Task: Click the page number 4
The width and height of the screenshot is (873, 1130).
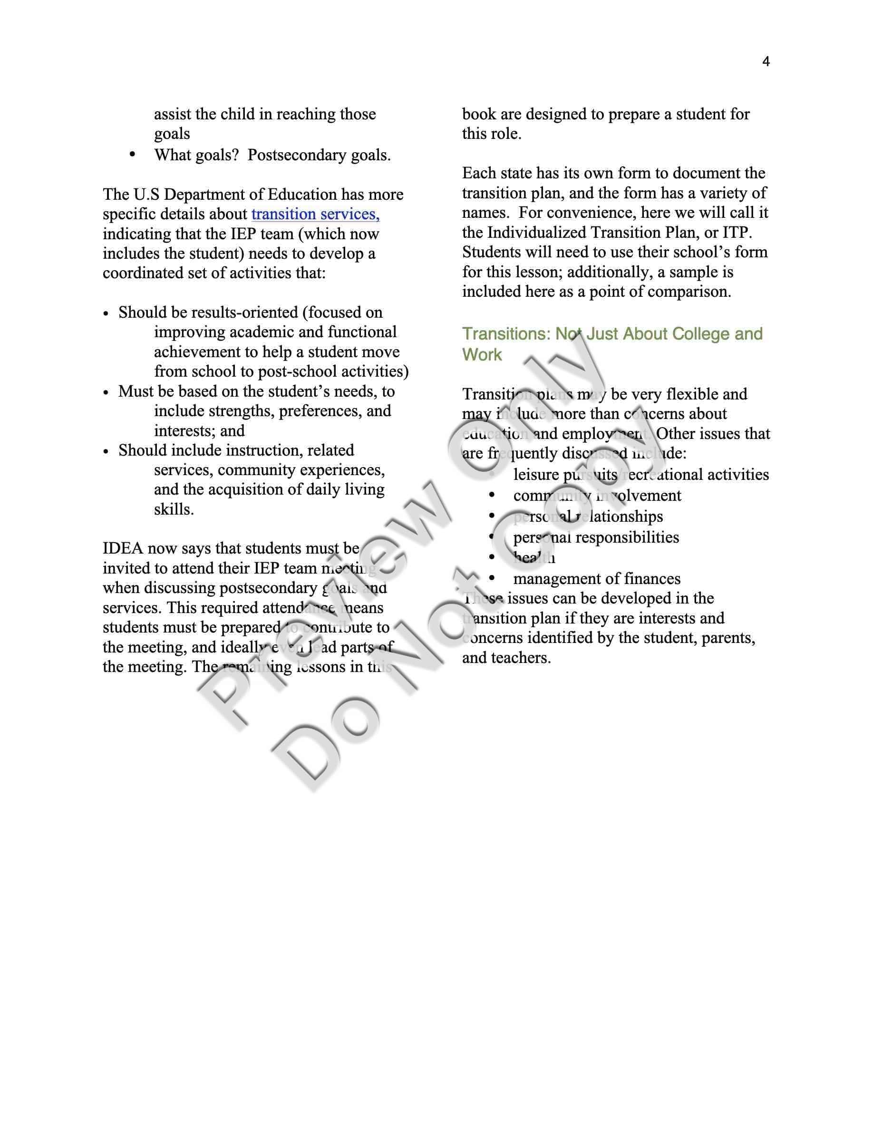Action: pos(766,62)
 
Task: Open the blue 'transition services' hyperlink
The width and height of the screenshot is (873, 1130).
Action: pos(315,214)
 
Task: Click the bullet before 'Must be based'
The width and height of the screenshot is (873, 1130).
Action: pos(106,393)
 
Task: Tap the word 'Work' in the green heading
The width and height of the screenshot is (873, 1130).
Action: pos(482,355)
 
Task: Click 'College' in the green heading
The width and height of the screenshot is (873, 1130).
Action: pos(701,334)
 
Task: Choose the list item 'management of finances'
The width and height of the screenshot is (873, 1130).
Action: pos(596,579)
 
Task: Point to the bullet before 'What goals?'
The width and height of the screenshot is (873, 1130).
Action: pos(132,154)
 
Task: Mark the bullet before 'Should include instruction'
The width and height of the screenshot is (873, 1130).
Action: pos(106,452)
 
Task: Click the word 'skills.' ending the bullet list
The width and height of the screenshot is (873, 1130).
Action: pos(174,510)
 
